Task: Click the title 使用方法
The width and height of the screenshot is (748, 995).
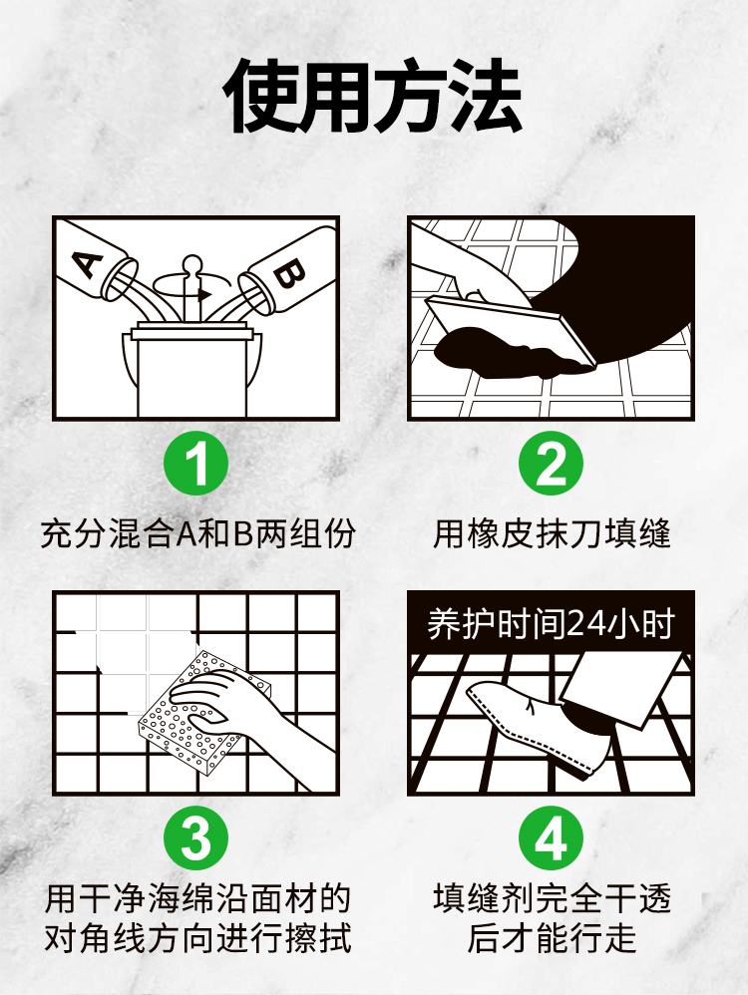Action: pyautogui.click(x=373, y=96)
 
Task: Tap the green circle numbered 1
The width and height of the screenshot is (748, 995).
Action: pyautogui.click(x=196, y=464)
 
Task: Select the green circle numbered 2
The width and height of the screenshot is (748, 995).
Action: pyautogui.click(x=551, y=464)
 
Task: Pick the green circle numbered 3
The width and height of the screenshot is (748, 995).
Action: pyautogui.click(x=196, y=837)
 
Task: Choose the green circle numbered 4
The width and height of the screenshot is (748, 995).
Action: pyautogui.click(x=551, y=837)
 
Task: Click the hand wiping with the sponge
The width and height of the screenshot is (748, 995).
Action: pyautogui.click(x=254, y=717)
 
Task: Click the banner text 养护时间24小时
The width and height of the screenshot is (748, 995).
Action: pyautogui.click(x=551, y=624)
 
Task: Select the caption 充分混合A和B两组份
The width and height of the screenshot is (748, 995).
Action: pyautogui.click(x=197, y=533)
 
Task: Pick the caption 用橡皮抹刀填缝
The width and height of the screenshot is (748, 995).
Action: pyautogui.click(x=552, y=533)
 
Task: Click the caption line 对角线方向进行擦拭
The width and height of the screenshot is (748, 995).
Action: pyautogui.click(x=197, y=938)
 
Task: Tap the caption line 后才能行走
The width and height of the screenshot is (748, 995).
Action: pyautogui.click(x=552, y=938)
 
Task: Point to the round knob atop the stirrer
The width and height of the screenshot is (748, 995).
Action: pyautogui.click(x=191, y=263)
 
